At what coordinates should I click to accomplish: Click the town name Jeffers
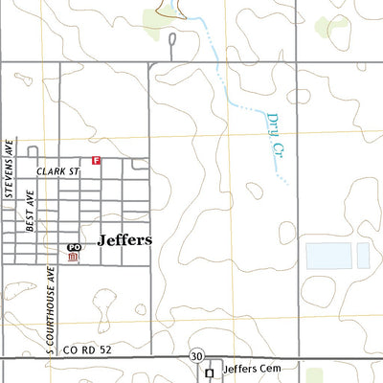point(124,240)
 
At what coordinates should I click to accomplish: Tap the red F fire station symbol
point(96,160)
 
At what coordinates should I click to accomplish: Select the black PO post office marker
point(74,247)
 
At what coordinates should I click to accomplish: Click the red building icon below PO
point(73,259)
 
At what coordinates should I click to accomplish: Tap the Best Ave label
point(31,212)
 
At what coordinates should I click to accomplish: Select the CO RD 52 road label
point(89,350)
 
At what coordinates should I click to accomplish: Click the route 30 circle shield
point(196,355)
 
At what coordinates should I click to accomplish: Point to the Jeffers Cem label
point(248,368)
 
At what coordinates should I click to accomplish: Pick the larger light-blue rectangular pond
point(328,255)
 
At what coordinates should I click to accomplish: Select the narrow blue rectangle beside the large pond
point(363,255)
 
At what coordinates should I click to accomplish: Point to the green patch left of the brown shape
point(153,17)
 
